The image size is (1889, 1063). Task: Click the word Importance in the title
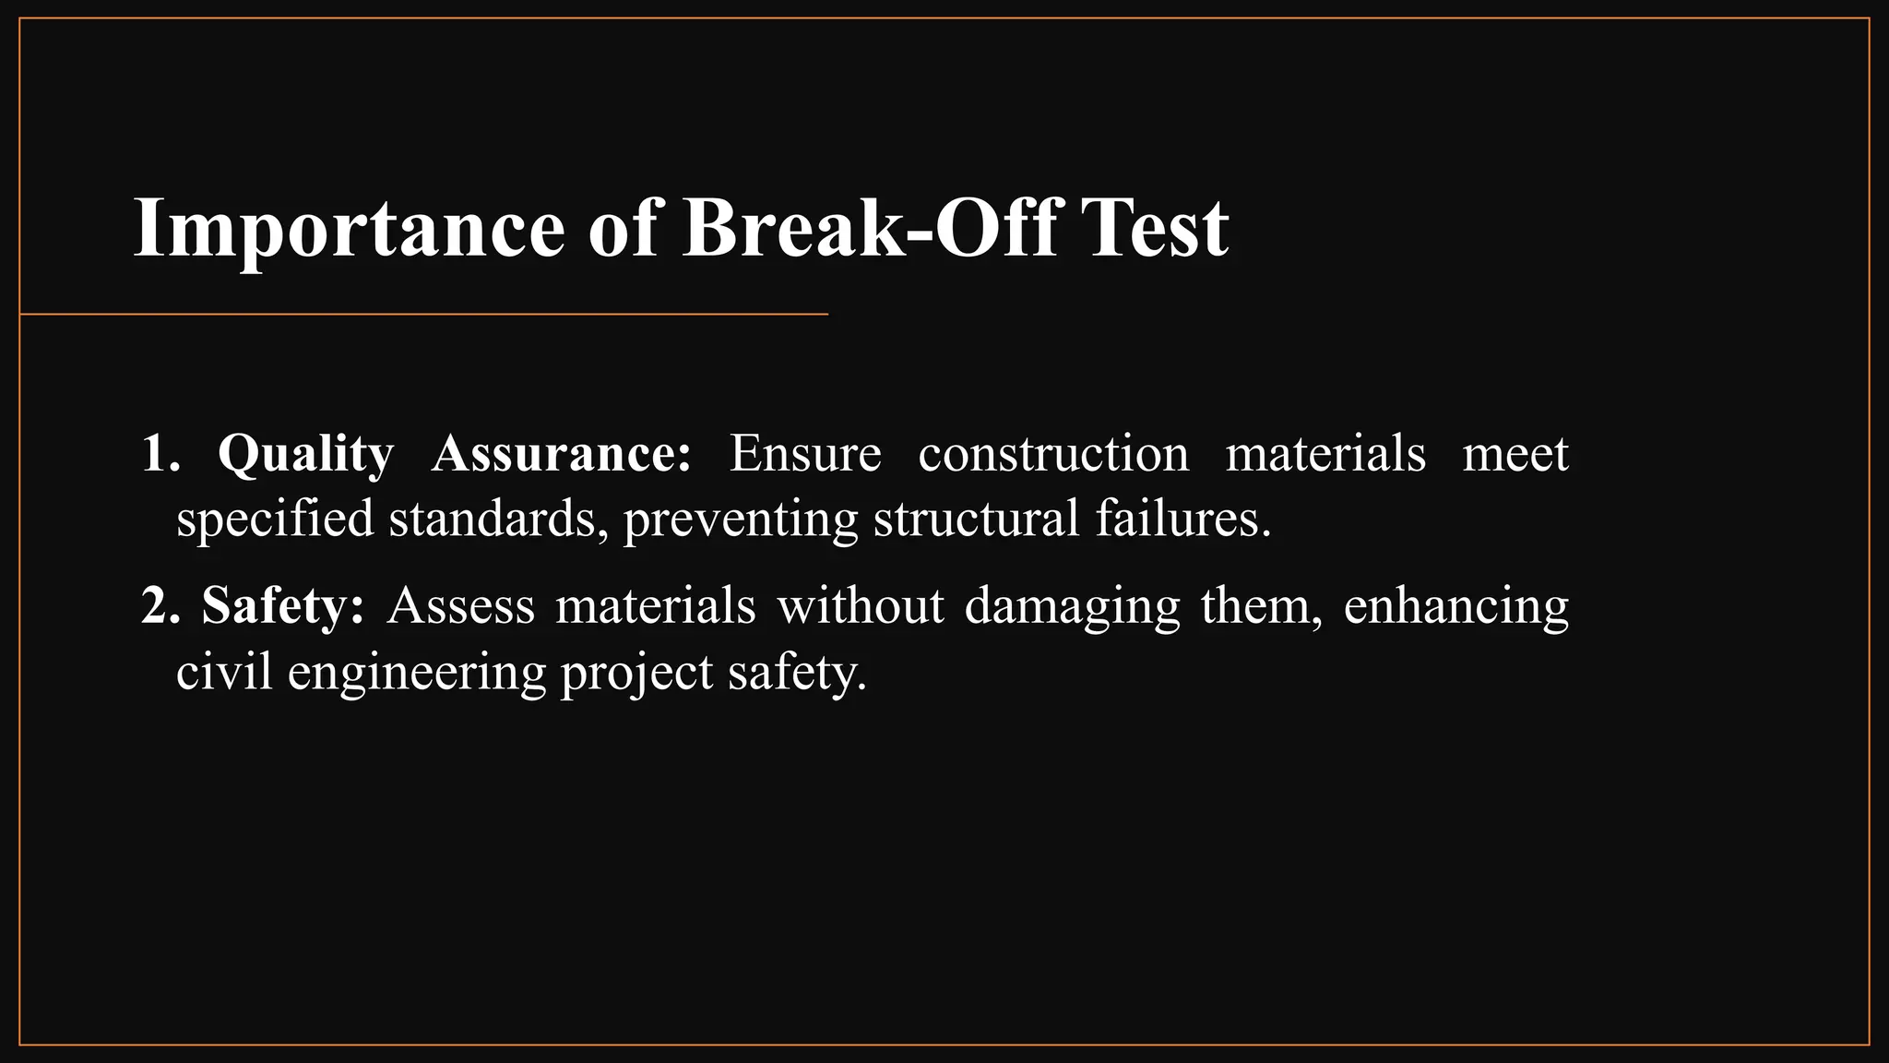pyautogui.click(x=349, y=228)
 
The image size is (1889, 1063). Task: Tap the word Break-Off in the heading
pyautogui.click(x=869, y=228)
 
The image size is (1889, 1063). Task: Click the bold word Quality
pyautogui.click(x=305, y=455)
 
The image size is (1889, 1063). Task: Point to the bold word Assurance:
pyautogui.click(x=561, y=455)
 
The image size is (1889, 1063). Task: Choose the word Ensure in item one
pyautogui.click(x=805, y=455)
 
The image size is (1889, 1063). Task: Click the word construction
pyautogui.click(x=1053, y=455)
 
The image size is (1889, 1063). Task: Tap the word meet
pyautogui.click(x=1515, y=455)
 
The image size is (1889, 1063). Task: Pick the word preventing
pyautogui.click(x=741, y=520)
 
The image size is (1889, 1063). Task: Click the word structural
pyautogui.click(x=976, y=519)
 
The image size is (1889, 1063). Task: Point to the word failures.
pyautogui.click(x=1183, y=519)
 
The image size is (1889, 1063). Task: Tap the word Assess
pyautogui.click(x=461, y=607)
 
